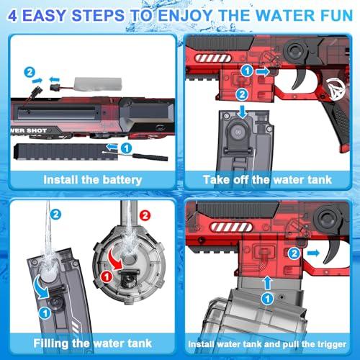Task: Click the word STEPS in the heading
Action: pyautogui.click(x=101, y=14)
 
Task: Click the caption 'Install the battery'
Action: pyautogui.click(x=92, y=179)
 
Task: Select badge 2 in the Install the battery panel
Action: pyautogui.click(x=30, y=72)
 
